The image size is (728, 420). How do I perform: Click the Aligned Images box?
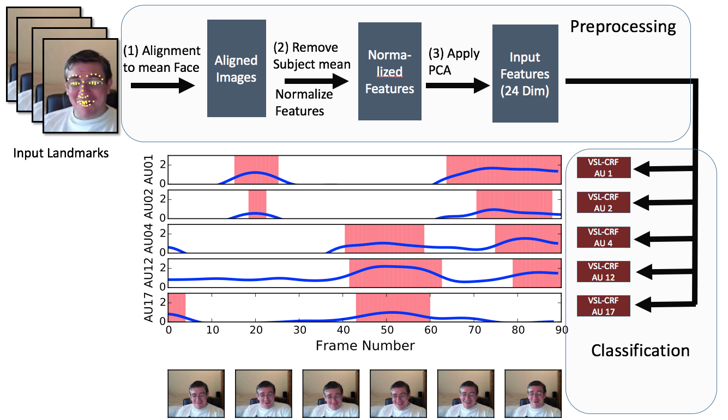pyautogui.click(x=236, y=68)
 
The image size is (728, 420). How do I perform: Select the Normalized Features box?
pyautogui.click(x=389, y=71)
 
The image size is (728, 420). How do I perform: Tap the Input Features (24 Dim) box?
pyautogui.click(x=525, y=74)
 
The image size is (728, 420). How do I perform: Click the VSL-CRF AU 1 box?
pyautogui.click(x=603, y=167)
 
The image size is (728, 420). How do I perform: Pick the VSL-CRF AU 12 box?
pyautogui.click(x=603, y=271)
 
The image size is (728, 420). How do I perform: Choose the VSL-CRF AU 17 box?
pyautogui.click(x=603, y=306)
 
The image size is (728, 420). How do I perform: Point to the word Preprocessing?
pyautogui.click(x=623, y=26)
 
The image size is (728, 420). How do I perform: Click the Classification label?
pyautogui.click(x=640, y=350)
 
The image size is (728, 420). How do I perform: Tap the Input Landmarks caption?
pyautogui.click(x=61, y=153)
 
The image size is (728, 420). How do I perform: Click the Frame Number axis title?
pyautogui.click(x=365, y=345)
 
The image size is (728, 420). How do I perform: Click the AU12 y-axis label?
pyautogui.click(x=148, y=273)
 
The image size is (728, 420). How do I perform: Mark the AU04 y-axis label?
pyautogui.click(x=148, y=239)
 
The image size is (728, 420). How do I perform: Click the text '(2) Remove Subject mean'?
pyautogui.click(x=311, y=56)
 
